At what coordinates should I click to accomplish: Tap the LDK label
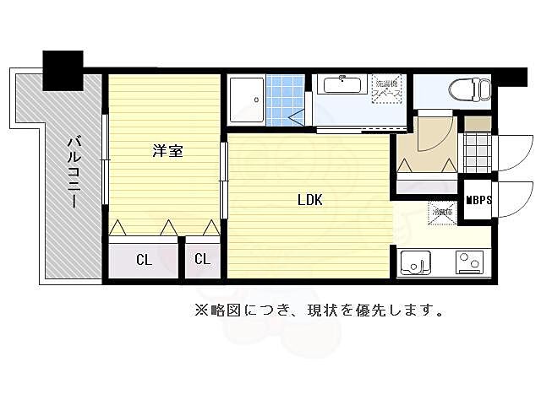tap(309, 200)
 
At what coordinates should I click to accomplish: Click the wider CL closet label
tap(145, 259)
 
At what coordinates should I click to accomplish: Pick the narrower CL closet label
tap(202, 259)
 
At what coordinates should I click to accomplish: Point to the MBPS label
tap(478, 200)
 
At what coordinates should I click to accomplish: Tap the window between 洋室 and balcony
tap(105, 159)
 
